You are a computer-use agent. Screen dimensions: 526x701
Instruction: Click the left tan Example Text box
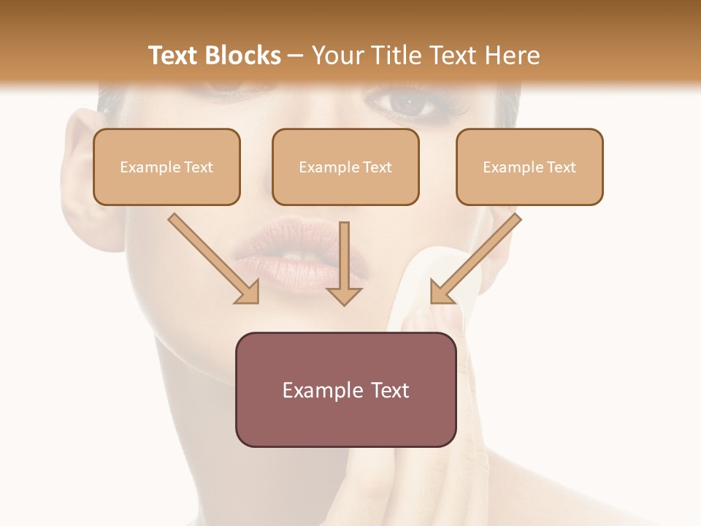click(166, 167)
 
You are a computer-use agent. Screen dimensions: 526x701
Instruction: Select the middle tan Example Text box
click(345, 167)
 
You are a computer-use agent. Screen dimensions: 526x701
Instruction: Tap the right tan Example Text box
click(529, 167)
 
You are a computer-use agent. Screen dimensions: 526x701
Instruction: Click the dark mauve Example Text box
click(345, 389)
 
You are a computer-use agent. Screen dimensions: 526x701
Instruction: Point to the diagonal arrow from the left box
click(212, 257)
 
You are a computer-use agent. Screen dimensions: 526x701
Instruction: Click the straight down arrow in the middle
click(344, 263)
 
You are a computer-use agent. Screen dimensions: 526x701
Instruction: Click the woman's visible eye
click(411, 104)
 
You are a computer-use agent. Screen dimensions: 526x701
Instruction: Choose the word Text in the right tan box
click(561, 167)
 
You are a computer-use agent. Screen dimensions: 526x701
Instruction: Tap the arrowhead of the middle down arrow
click(344, 295)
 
